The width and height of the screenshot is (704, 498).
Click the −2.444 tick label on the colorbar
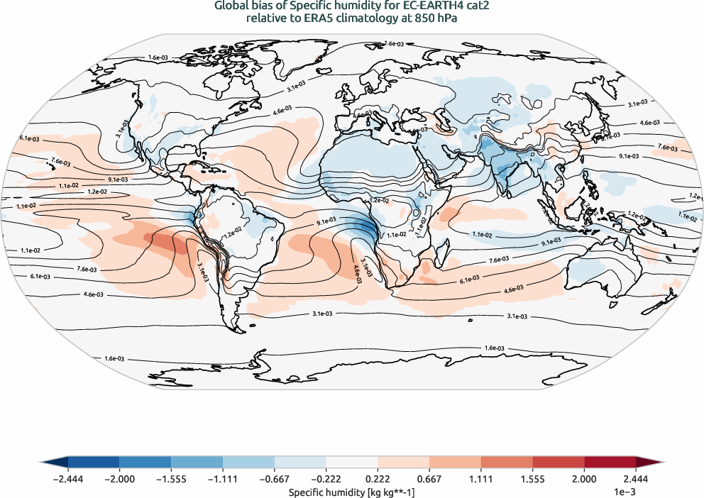click(68, 479)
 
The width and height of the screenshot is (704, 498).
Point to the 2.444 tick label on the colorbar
click(636, 479)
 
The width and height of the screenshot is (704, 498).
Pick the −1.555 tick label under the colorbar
click(171, 479)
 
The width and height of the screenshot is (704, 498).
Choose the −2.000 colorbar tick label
click(119, 479)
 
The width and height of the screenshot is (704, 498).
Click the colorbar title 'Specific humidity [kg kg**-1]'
click(352, 490)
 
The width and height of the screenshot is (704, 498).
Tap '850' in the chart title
click(424, 19)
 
